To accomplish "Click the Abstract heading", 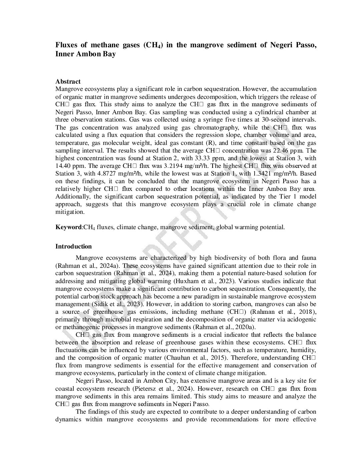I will (x=68, y=82).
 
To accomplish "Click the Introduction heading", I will (x=73, y=246).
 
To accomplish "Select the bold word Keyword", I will (x=68, y=227).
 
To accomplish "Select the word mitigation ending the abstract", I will (x=69, y=212).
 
